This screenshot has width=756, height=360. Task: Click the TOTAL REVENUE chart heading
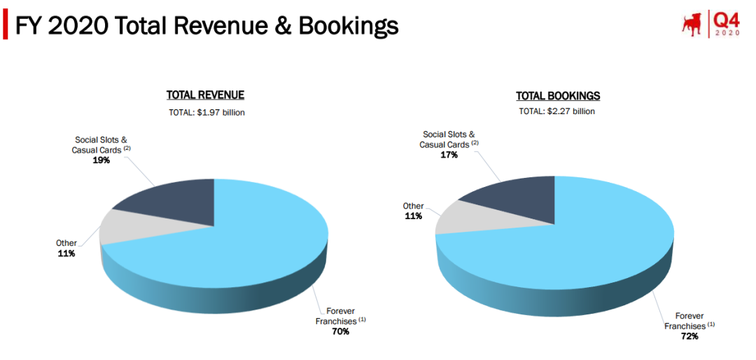tap(205, 95)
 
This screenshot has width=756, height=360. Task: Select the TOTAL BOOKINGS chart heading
tap(558, 96)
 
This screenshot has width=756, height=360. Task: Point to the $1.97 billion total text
tap(206, 112)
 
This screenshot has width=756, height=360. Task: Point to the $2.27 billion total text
tap(557, 111)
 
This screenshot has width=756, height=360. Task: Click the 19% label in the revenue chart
tap(99, 160)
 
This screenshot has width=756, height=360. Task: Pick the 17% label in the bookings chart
tap(449, 155)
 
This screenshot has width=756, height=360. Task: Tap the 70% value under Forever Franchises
tap(340, 331)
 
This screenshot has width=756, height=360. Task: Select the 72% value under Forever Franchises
tap(689, 337)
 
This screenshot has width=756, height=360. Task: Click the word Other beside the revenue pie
tap(66, 243)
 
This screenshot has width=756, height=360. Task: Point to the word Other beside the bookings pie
tap(413, 206)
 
